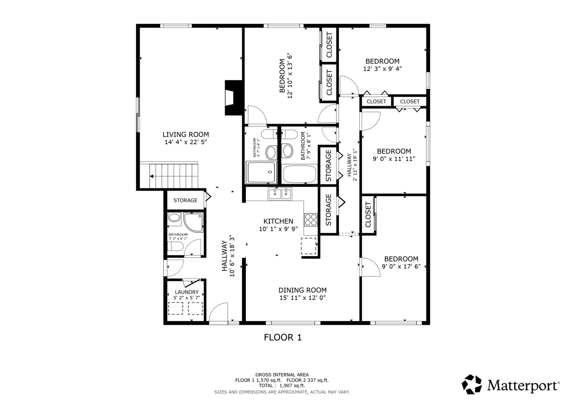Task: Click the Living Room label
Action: tap(186, 134)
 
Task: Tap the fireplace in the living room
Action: tap(234, 98)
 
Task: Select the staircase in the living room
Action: tap(169, 176)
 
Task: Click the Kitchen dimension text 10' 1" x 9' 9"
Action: tap(278, 229)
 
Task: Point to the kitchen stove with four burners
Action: tap(311, 220)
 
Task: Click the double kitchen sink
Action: tap(280, 194)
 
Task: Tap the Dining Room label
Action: tap(302, 290)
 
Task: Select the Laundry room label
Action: tap(187, 292)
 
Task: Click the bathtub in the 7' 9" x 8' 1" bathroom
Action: tap(299, 174)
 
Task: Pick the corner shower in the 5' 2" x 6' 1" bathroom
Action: tap(193, 222)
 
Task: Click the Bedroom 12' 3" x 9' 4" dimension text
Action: tap(383, 69)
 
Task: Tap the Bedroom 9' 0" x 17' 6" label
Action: tap(401, 259)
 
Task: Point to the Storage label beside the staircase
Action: tap(185, 200)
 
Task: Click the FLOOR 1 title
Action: tap(283, 337)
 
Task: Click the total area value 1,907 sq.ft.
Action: tap(292, 386)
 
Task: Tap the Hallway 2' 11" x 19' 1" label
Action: tap(352, 165)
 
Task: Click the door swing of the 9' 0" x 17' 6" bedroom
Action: tap(370, 267)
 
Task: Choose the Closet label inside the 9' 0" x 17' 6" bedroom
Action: tap(368, 214)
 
